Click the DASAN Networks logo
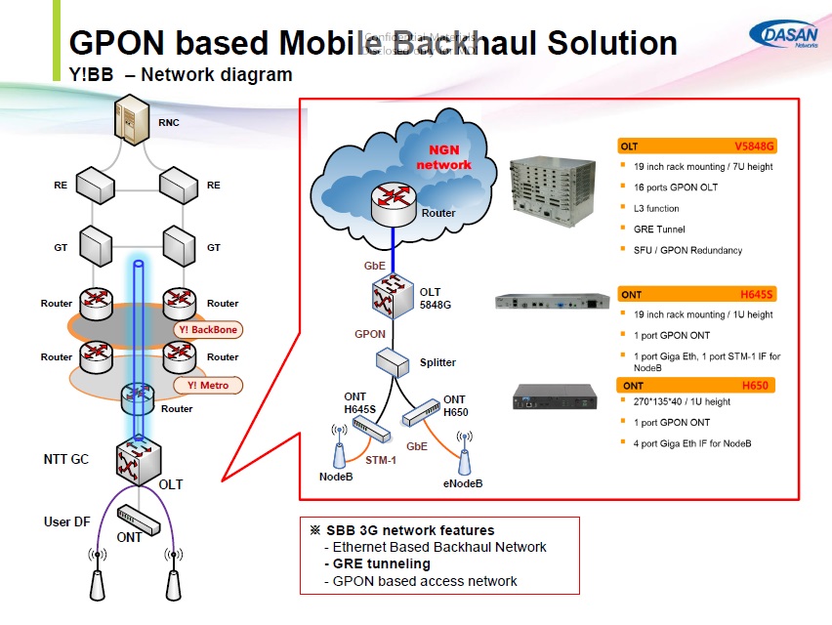tap(786, 36)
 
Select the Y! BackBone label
tap(208, 330)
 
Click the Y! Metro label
tap(207, 385)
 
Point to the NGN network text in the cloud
tap(443, 157)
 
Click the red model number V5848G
tap(753, 146)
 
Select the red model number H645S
tap(756, 294)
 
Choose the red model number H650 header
tap(755, 386)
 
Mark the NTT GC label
tap(65, 458)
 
